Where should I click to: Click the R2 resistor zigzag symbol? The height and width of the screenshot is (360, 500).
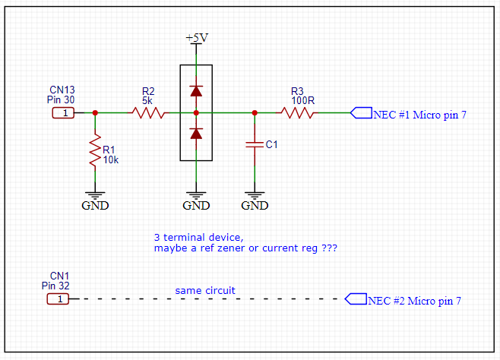click(148, 113)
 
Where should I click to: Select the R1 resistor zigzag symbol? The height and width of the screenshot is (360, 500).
click(95, 151)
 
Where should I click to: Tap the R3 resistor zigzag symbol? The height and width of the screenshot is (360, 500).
click(298, 113)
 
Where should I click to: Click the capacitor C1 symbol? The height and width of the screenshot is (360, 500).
click(255, 144)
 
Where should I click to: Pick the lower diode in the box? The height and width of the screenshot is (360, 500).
click(196, 134)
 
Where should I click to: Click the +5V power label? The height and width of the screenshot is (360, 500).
click(196, 38)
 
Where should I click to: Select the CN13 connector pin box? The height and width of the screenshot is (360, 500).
click(64, 113)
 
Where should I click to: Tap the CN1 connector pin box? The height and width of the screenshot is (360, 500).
click(59, 299)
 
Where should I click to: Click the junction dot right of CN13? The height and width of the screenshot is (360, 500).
click(95, 113)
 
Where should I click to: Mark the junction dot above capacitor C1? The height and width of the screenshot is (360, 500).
click(255, 113)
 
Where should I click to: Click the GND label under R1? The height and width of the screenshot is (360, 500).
click(95, 205)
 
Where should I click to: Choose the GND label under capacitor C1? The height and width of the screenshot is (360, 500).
click(255, 205)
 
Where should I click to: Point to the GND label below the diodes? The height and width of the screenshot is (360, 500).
click(196, 205)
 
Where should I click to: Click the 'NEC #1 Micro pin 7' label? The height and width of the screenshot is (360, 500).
click(419, 115)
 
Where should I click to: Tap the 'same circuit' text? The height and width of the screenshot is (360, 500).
click(205, 290)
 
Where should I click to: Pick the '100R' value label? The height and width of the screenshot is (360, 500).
click(302, 99)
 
